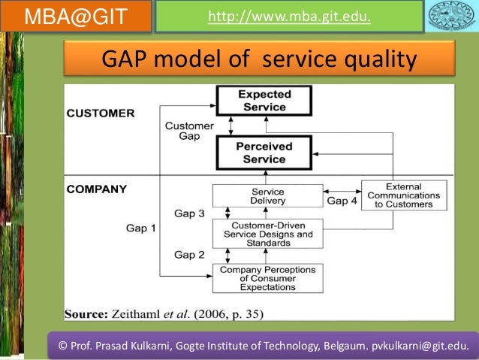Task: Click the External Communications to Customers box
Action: tap(404, 195)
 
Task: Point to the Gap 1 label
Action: tap(141, 228)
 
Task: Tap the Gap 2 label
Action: tap(189, 255)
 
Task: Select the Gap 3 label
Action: tap(189, 214)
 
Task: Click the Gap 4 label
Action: tap(342, 201)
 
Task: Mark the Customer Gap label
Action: tap(189, 131)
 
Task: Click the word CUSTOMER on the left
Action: tap(101, 113)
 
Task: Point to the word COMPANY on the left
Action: tap(98, 189)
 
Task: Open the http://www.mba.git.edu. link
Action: tap(289, 16)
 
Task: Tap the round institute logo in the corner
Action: tap(451, 17)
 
